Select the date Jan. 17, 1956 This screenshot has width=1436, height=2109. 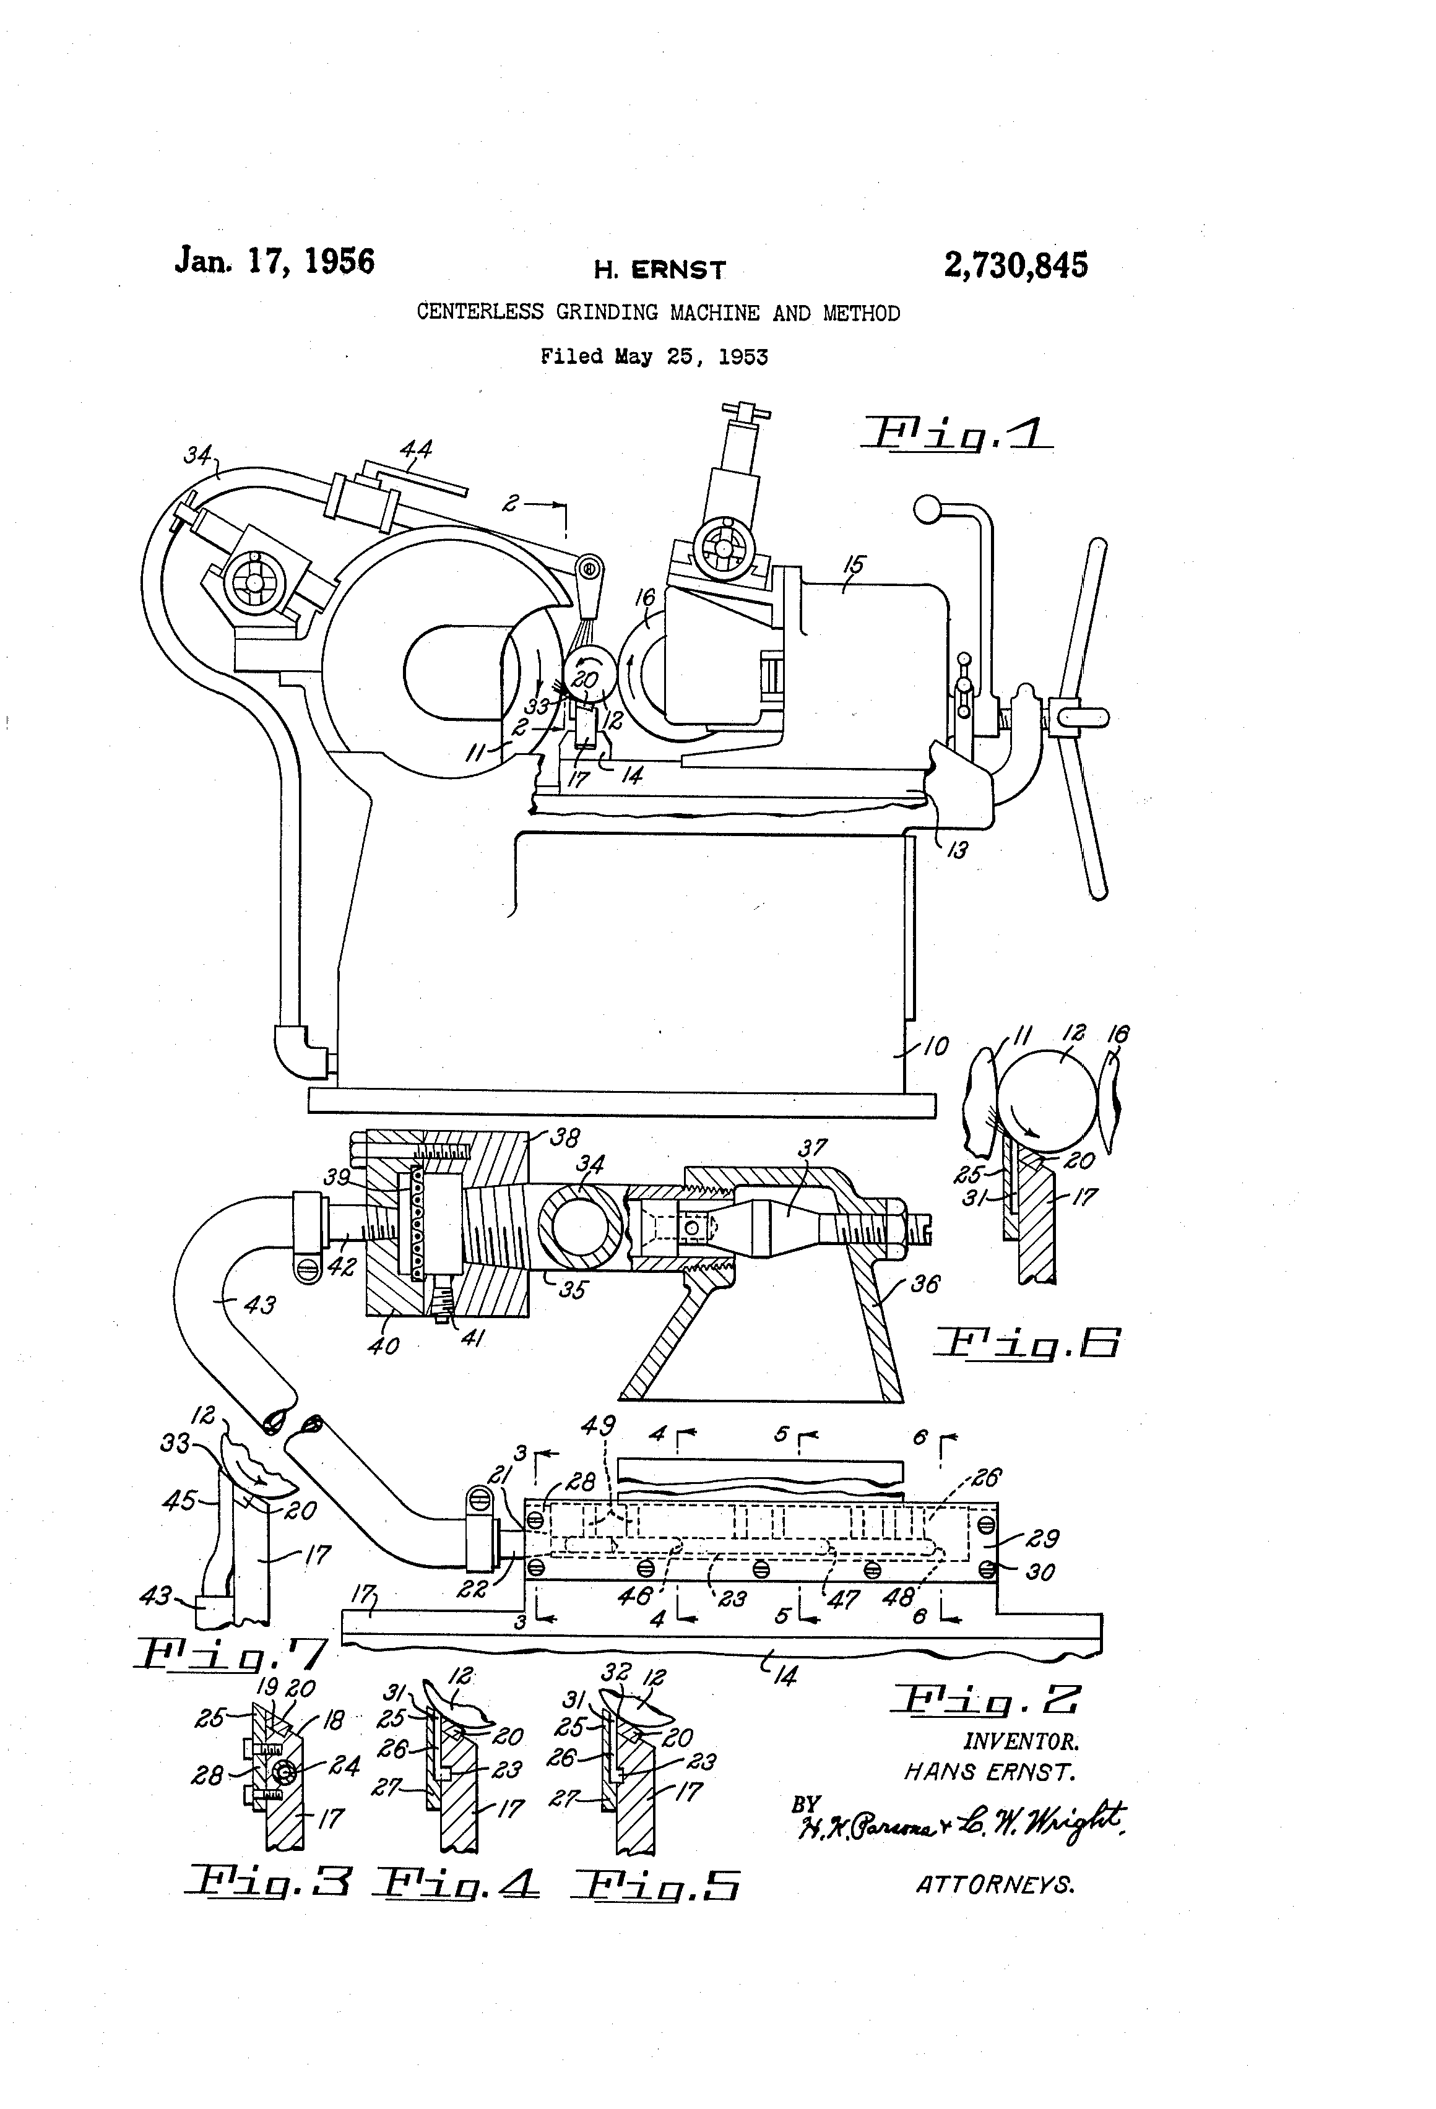coord(274,261)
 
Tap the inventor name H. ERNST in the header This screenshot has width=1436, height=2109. coord(660,270)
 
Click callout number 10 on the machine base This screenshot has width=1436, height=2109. coord(934,1046)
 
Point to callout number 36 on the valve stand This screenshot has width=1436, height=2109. coord(924,1284)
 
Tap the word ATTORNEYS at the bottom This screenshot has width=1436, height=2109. coord(995,1885)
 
